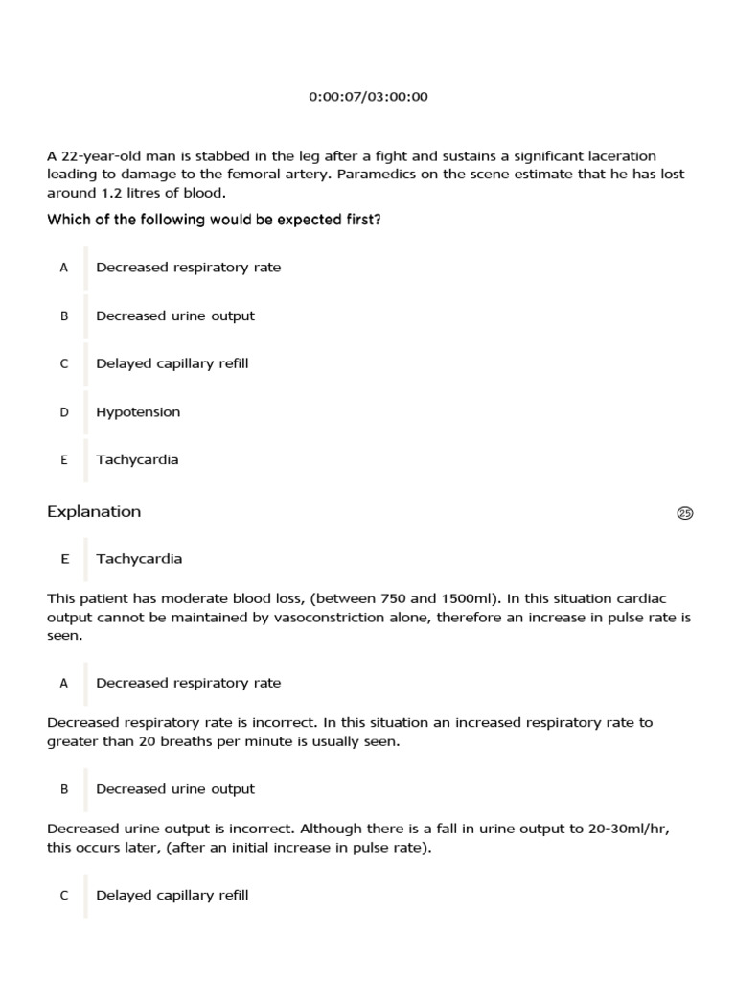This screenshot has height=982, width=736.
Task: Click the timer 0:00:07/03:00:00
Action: click(368, 97)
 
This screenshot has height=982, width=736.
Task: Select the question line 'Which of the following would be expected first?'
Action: click(214, 220)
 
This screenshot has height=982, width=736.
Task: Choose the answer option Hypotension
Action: click(138, 412)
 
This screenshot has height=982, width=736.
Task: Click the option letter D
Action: click(64, 412)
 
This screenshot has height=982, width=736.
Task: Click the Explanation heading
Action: click(94, 512)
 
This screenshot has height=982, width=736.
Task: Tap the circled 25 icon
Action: click(684, 513)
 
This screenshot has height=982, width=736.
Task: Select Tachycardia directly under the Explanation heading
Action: click(139, 559)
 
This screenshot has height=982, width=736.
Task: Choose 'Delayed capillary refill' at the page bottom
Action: click(172, 896)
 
